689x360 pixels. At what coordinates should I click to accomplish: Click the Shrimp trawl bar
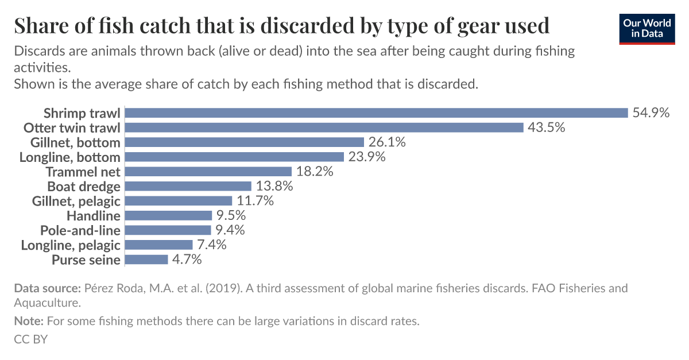pos(376,113)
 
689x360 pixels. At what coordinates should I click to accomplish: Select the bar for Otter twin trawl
pos(324,127)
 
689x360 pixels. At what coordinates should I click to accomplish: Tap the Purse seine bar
pos(146,260)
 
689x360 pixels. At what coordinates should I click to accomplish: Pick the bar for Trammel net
pos(208,172)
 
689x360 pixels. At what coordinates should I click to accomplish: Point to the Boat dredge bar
pos(188,186)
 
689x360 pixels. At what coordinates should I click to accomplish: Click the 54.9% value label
pos(651,113)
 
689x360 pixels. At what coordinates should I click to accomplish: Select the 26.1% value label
pos(388,142)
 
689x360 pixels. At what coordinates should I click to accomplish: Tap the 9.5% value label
pos(231,216)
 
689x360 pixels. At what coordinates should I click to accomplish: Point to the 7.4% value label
pos(212,245)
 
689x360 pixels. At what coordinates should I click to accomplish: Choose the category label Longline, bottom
pos(69,157)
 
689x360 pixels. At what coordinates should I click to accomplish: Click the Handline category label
pos(93,216)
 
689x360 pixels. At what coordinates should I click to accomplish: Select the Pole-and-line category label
pos(80,230)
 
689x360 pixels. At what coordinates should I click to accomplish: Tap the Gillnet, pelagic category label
pos(76,201)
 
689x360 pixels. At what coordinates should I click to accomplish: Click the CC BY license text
pos(30,339)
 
